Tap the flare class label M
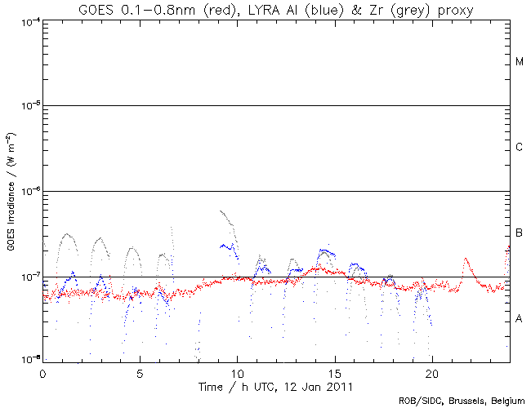pyautogui.click(x=520, y=63)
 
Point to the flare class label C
pyautogui.click(x=520, y=148)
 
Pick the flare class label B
pyautogui.click(x=520, y=233)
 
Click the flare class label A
pyautogui.click(x=520, y=318)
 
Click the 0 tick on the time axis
pyautogui.click(x=42, y=371)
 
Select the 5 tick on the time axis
pyautogui.click(x=140, y=371)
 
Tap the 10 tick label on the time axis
pyautogui.click(x=237, y=371)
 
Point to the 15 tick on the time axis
pyautogui.click(x=334, y=371)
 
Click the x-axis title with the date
pyautogui.click(x=276, y=386)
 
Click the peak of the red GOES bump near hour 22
pyautogui.click(x=466, y=259)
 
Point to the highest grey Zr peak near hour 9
pyautogui.click(x=221, y=211)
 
